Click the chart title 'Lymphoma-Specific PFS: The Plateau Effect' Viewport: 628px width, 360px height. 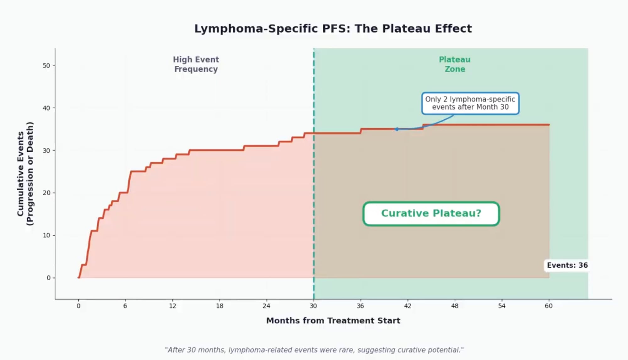(x=333, y=29)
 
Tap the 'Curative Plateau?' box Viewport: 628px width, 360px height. (x=431, y=214)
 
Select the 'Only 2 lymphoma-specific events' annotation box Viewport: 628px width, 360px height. (x=470, y=103)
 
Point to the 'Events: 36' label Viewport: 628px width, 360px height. (x=567, y=265)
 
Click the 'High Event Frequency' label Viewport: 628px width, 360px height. (x=196, y=64)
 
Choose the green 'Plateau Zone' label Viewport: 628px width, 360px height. (x=455, y=64)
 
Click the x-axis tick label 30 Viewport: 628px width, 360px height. (x=313, y=306)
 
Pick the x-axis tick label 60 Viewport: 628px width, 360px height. (x=549, y=306)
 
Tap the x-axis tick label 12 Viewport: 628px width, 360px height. (x=172, y=306)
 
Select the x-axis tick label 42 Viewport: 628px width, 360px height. (x=408, y=306)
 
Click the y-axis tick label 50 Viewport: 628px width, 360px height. (x=46, y=66)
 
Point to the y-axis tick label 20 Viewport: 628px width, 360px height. (x=46, y=193)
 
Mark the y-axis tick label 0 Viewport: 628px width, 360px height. (x=48, y=278)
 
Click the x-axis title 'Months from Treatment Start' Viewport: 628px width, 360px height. (x=333, y=321)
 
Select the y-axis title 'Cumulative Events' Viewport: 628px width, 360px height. (x=25, y=174)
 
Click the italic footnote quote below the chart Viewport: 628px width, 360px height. (x=314, y=350)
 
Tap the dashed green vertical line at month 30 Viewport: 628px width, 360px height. (x=314, y=176)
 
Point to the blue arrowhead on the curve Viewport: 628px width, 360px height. (x=396, y=129)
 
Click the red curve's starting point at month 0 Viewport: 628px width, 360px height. (x=78, y=277)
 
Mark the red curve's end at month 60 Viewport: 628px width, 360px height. (x=549, y=125)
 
